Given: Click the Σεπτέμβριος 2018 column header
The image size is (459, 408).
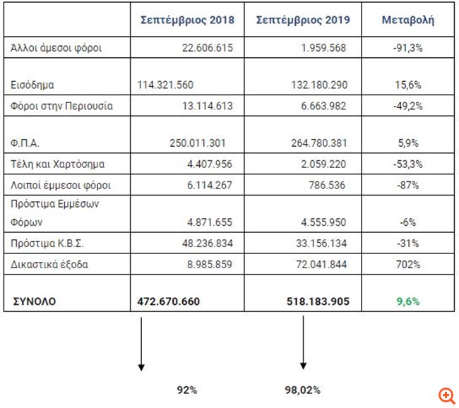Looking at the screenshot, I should pyautogui.click(x=188, y=20).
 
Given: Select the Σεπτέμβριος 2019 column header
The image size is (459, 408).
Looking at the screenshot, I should pyautogui.click(x=303, y=20).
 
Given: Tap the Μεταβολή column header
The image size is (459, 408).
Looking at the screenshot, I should pyautogui.click(x=407, y=20).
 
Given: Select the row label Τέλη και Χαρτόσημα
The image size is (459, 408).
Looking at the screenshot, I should pyautogui.click(x=59, y=164).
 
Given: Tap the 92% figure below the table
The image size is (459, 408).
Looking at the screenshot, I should pyautogui.click(x=187, y=389).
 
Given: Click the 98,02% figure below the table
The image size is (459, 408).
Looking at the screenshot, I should pyautogui.click(x=302, y=389).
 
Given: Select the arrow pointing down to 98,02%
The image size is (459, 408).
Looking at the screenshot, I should pyautogui.click(x=303, y=342).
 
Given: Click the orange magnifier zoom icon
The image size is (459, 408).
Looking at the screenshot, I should pyautogui.click(x=446, y=395).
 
